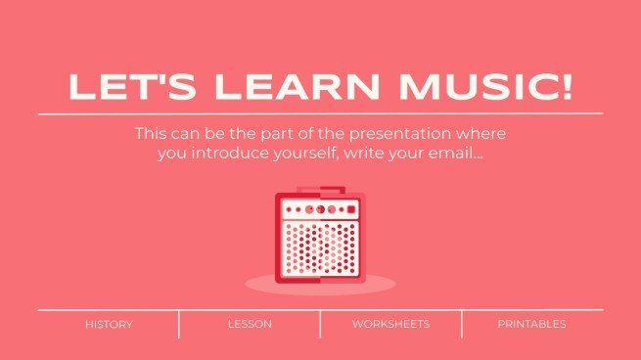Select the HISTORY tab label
point(109,324)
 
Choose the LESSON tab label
point(250,324)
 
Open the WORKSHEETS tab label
point(390,324)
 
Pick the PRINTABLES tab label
point(531,324)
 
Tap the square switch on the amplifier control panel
point(349,208)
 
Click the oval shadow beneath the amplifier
point(320,284)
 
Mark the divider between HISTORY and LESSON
point(179,324)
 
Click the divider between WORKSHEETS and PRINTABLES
point(461,324)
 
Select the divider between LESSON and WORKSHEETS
point(320,324)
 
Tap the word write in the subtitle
point(368,153)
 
